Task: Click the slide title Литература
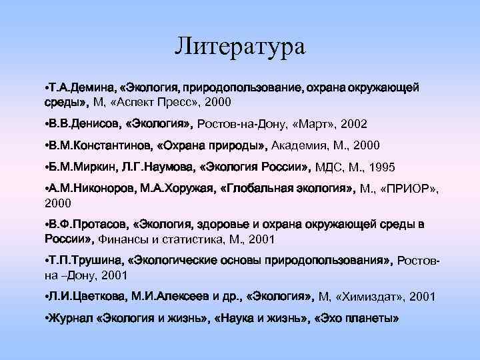click(240, 47)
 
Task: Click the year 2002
click(353, 125)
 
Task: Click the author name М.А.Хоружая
click(175, 189)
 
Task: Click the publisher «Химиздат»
click(369, 297)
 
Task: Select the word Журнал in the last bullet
click(70, 318)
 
